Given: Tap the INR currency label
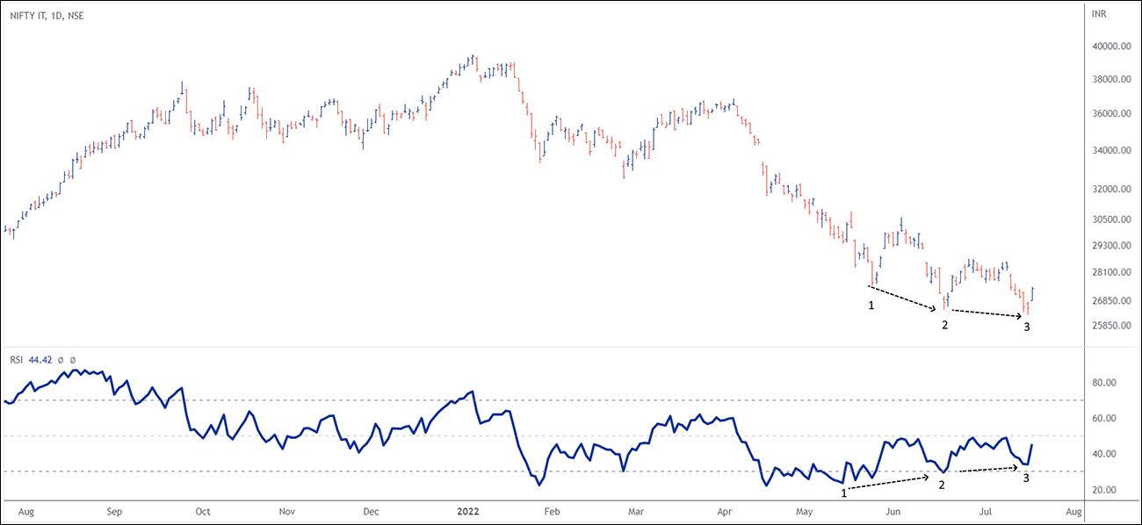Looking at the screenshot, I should (1099, 15).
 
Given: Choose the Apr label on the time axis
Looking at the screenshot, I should (725, 509).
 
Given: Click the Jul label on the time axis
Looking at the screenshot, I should (986, 509).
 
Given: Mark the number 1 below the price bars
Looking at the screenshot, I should (871, 306).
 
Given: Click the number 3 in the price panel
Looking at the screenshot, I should (1026, 327).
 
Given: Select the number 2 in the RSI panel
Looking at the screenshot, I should (942, 485).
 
